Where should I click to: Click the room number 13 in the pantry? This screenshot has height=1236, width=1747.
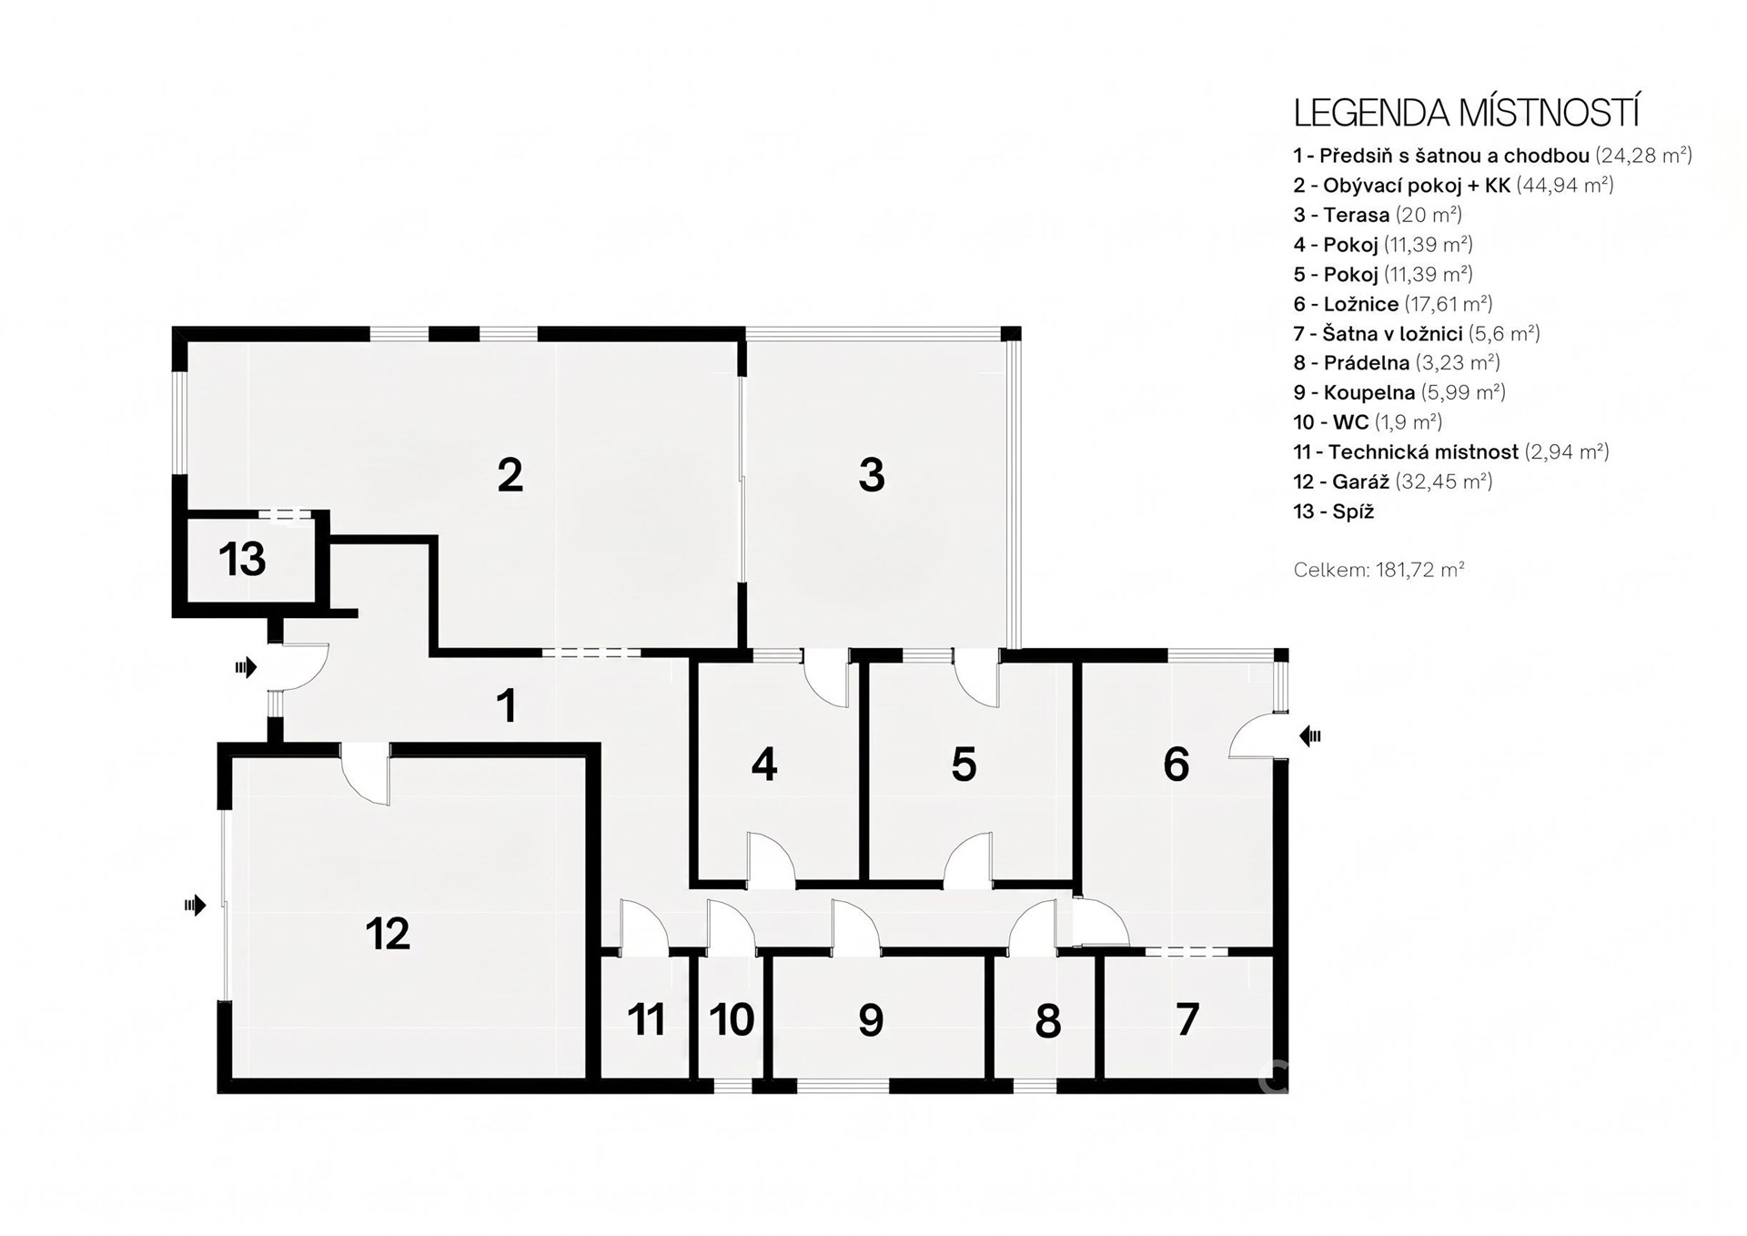(242, 559)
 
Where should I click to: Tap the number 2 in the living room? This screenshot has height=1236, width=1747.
(510, 475)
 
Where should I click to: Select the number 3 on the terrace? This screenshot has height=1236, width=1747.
(872, 475)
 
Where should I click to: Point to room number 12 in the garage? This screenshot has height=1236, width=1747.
(388, 933)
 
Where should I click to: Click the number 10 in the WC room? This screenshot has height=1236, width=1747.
(732, 1020)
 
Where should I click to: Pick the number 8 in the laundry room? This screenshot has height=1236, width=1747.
(1048, 1022)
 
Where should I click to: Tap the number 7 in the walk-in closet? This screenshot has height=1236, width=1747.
(1187, 1020)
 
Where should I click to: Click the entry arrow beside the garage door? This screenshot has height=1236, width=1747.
(195, 905)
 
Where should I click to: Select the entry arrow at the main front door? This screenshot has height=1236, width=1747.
(246, 668)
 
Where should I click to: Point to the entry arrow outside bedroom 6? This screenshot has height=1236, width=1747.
(1310, 735)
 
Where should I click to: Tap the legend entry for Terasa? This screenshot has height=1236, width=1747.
(1378, 215)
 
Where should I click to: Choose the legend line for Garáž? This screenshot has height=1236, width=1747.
(1393, 481)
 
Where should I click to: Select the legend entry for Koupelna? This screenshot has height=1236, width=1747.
(1399, 392)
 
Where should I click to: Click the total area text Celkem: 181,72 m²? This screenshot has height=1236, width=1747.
(1379, 570)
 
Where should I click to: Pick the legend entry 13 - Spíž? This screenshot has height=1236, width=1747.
(1334, 512)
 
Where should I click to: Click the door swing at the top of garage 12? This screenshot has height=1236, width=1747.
(366, 774)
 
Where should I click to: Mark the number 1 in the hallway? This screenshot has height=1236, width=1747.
(507, 706)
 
